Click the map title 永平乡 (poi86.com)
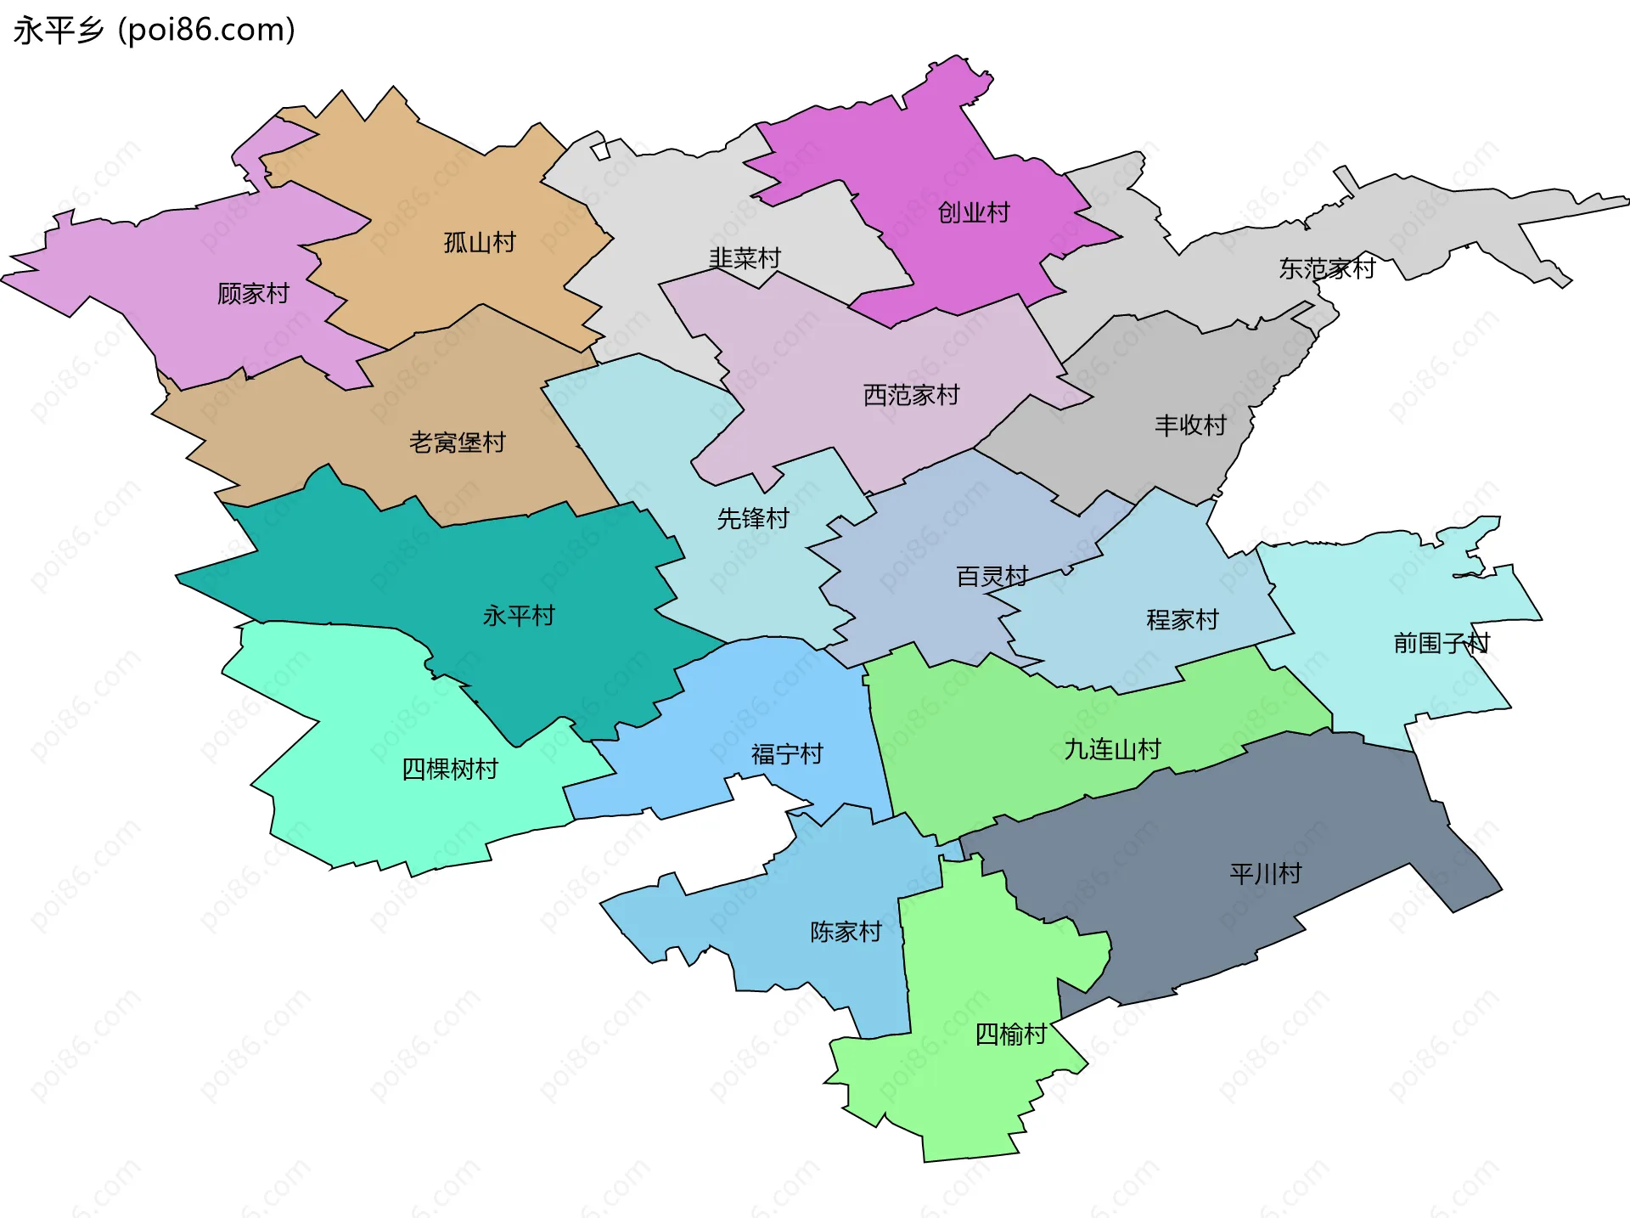(154, 30)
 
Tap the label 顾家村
(253, 294)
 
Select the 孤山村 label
(480, 243)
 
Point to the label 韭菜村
(745, 258)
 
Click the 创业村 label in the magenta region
(974, 212)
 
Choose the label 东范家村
(1327, 269)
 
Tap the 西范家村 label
(911, 395)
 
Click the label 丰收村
(1190, 426)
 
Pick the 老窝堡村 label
(457, 443)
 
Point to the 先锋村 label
(753, 518)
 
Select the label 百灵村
(992, 577)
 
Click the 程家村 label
(1182, 620)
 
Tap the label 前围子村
(1441, 643)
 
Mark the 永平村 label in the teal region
(518, 616)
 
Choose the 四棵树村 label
(449, 770)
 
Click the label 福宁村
(787, 754)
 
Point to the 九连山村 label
(1112, 750)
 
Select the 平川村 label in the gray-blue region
(1265, 874)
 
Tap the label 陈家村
(846, 932)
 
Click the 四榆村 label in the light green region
(1010, 1035)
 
